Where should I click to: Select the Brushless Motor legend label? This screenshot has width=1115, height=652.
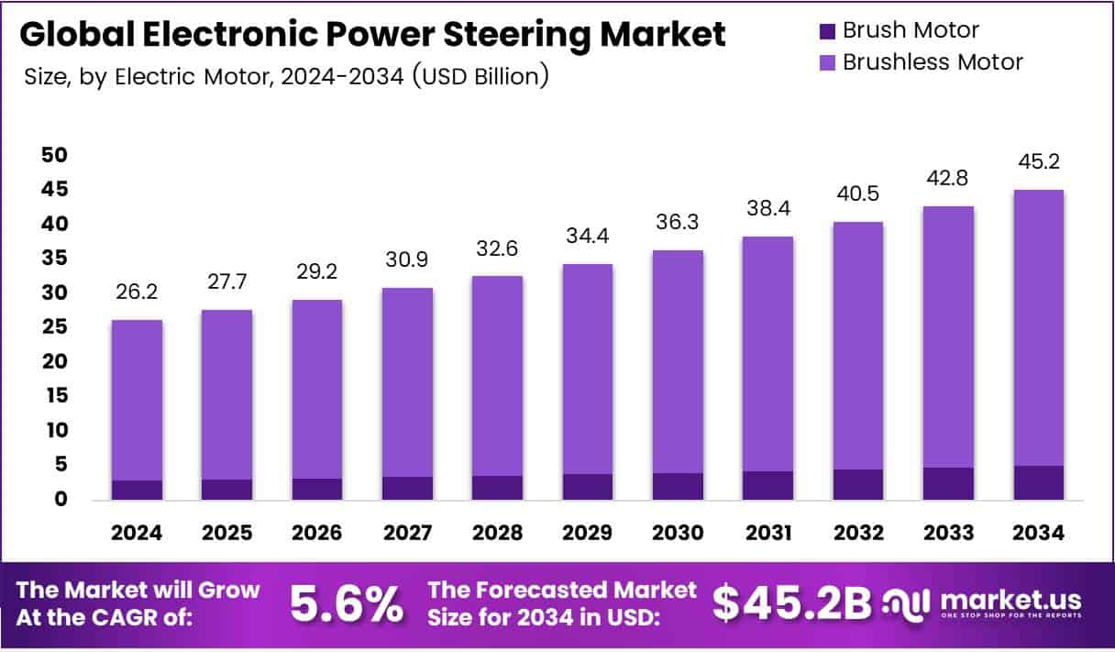pyautogui.click(x=932, y=62)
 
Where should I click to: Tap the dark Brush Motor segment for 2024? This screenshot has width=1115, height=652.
pyautogui.click(x=137, y=490)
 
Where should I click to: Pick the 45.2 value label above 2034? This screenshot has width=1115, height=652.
pyautogui.click(x=1038, y=162)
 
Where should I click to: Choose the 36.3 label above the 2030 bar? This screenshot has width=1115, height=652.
pyautogui.click(x=678, y=223)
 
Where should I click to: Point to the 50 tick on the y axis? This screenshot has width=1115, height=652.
pyautogui.click(x=54, y=155)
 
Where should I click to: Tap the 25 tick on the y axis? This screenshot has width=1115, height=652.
pyautogui.click(x=54, y=327)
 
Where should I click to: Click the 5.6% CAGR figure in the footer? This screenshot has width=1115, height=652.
pyautogui.click(x=346, y=602)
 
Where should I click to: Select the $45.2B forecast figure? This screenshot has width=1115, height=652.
pyautogui.click(x=791, y=602)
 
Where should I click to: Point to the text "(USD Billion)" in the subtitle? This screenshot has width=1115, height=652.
pyautogui.click(x=480, y=75)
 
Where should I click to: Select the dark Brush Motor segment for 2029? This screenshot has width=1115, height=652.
pyautogui.click(x=588, y=487)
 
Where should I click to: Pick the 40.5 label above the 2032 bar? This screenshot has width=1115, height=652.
pyautogui.click(x=858, y=193)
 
